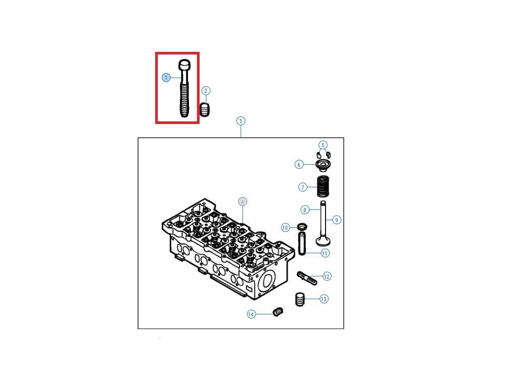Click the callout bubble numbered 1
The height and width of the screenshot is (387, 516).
pos(166,78)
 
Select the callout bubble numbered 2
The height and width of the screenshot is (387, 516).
pos(206,91)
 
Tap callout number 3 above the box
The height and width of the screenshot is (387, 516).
pos(241,121)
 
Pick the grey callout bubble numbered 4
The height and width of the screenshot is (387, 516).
pos(243,202)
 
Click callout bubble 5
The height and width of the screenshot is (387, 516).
pos(323,145)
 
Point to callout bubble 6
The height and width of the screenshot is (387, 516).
pos(299,164)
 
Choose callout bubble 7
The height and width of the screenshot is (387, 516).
pos(303,187)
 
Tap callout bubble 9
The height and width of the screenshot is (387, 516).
pos(337,220)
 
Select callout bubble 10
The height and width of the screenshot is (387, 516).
pos(285,228)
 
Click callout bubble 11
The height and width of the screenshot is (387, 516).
pos(325,253)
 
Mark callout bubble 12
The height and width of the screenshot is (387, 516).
pos(327,276)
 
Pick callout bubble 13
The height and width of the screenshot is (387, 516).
pos(324,299)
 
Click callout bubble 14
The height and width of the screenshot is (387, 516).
pos(251,314)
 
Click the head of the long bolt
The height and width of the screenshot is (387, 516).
pos(185,64)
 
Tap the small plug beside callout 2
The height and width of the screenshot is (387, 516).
pos(205,109)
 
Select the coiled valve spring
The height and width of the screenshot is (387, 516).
pos(322,186)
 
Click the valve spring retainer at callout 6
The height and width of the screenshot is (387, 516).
pos(322,165)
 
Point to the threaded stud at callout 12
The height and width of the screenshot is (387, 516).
pos(307,277)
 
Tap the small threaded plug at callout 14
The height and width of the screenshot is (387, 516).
pos(277,312)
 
